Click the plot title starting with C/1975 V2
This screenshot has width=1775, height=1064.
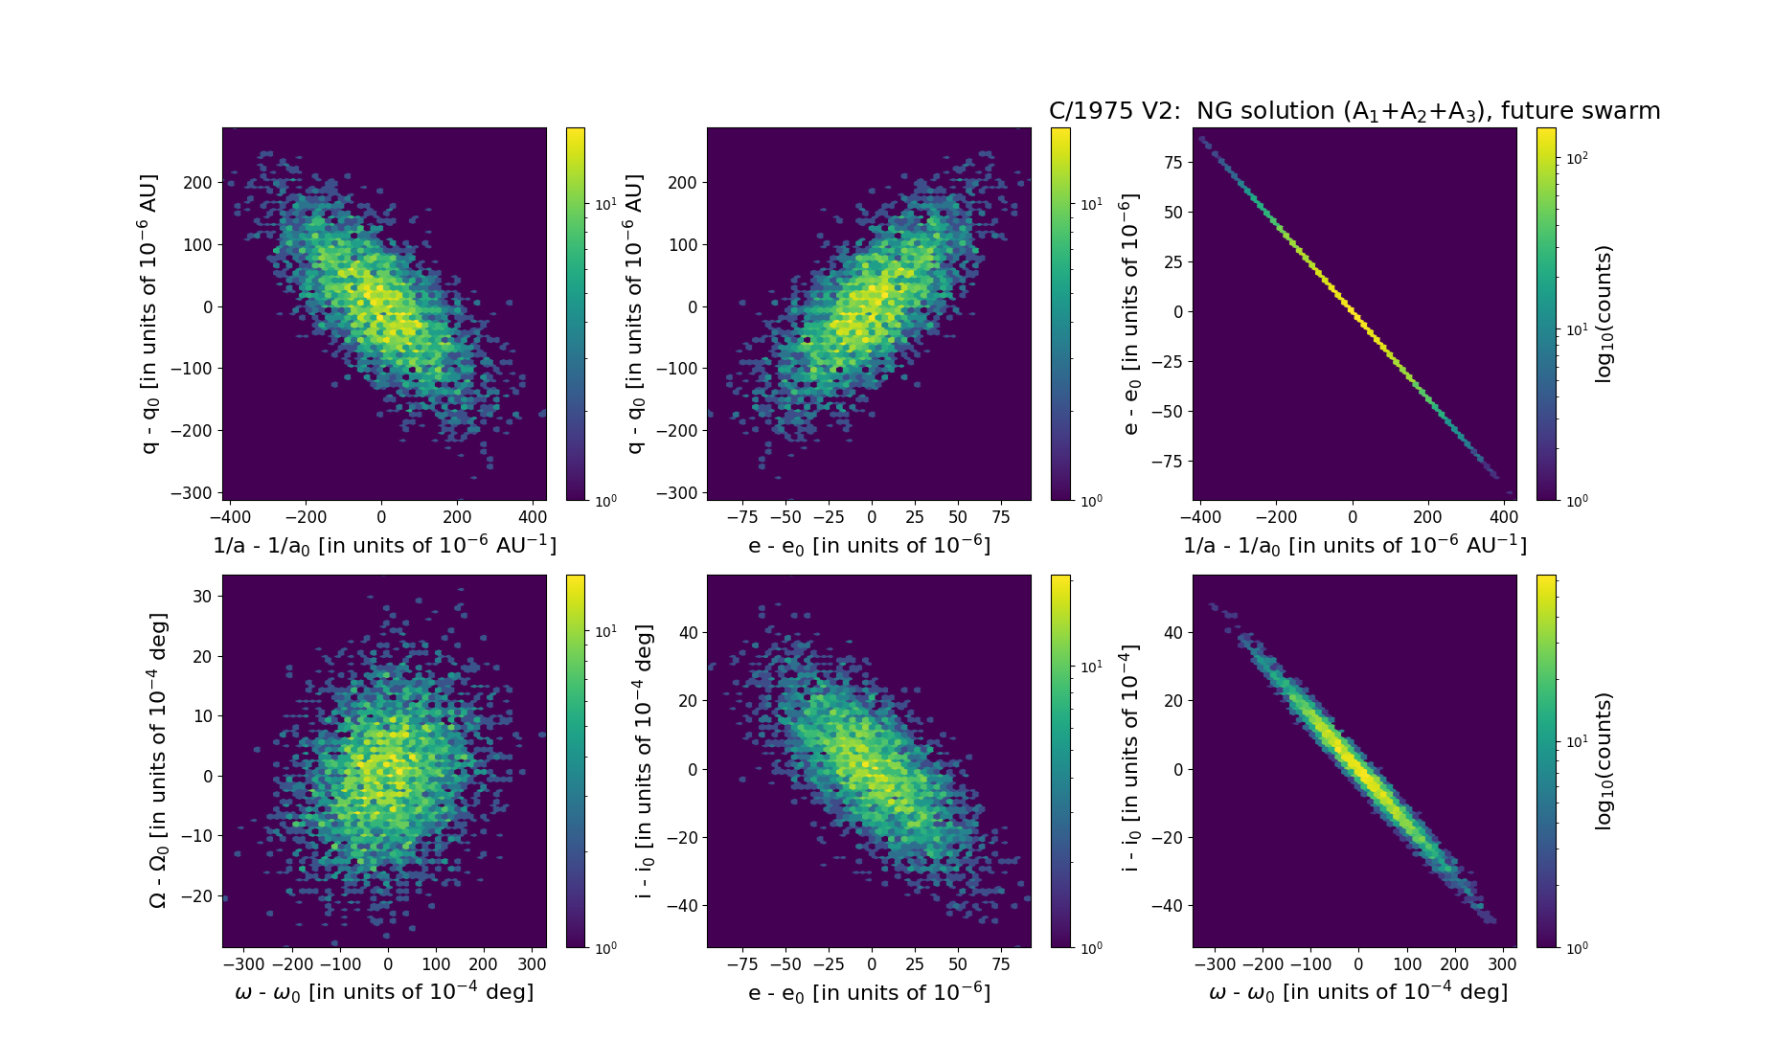click(x=1354, y=111)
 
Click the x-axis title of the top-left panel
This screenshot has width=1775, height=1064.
click(x=384, y=545)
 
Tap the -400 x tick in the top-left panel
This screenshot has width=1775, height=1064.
click(x=231, y=517)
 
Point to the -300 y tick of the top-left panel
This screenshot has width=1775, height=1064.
click(x=192, y=493)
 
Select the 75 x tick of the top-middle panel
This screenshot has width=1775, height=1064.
click(x=1001, y=517)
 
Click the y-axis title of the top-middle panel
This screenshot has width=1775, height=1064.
click(x=635, y=313)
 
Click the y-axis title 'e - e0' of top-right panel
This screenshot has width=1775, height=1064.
click(x=1130, y=313)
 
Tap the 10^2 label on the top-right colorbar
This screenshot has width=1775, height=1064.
click(x=1576, y=158)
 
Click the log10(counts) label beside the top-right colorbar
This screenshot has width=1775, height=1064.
click(x=1604, y=313)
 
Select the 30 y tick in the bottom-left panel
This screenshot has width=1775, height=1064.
click(x=201, y=596)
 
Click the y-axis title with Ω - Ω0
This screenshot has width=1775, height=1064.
click(x=158, y=760)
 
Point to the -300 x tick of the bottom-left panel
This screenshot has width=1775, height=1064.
click(x=243, y=964)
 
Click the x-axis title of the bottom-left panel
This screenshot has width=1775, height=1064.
click(x=384, y=992)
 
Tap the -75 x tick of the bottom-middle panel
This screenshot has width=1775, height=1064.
click(x=742, y=964)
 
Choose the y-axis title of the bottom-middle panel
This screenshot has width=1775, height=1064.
click(x=644, y=760)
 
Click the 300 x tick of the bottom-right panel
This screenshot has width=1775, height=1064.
click(x=1502, y=964)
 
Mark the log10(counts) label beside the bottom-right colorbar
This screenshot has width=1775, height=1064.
click(x=1604, y=760)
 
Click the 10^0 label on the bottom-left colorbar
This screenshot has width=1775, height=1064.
click(x=605, y=948)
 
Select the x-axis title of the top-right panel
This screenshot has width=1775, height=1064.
click(x=1354, y=545)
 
